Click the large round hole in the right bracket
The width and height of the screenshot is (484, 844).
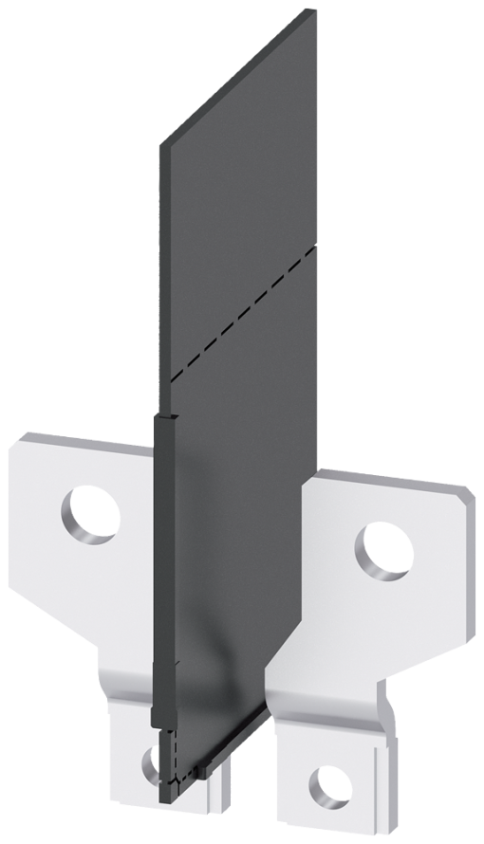pos(384,549)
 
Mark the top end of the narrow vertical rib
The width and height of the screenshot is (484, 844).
pos(163,417)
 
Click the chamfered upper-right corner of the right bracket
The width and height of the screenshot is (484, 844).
pos(465,493)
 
